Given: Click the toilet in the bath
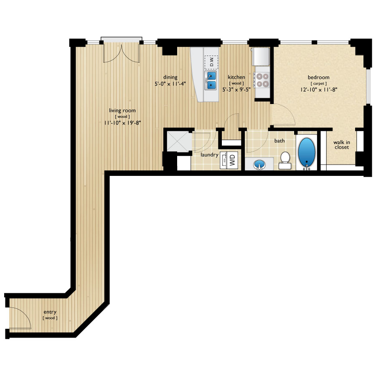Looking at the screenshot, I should click(285, 160).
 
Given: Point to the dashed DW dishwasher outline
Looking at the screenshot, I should click(212, 63).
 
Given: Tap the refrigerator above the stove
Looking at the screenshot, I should click(261, 56).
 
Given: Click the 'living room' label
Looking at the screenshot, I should click(122, 110).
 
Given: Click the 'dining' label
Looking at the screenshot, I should click(170, 77).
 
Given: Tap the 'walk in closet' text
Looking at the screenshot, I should click(341, 145).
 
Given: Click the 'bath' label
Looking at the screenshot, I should click(279, 141).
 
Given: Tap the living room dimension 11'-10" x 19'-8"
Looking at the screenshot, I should click(123, 123).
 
